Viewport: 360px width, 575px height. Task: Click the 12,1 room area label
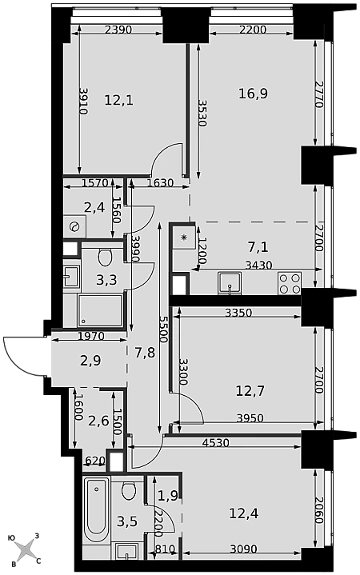tap(119, 100)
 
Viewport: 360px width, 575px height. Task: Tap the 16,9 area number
tap(254, 94)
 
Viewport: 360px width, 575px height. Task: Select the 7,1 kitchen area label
tap(258, 247)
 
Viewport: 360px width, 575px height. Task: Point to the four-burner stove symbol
tap(290, 283)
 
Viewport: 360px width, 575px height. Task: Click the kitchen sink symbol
tap(230, 283)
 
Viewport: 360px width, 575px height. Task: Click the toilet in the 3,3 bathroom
tap(106, 258)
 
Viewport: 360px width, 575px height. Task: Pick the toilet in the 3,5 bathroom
tap(129, 491)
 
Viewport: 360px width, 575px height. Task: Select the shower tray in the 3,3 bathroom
tap(100, 310)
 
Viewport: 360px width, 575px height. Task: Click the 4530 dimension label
tap(215, 443)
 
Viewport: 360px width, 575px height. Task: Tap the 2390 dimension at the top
tap(118, 30)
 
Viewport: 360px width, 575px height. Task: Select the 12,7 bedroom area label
tap(250, 391)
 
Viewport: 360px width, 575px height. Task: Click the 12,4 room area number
tap(244, 513)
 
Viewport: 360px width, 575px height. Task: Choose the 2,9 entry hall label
tap(90, 361)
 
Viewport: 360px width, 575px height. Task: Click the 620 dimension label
tap(95, 461)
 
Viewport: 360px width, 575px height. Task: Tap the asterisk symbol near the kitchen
tap(184, 238)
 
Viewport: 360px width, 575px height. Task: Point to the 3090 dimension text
tap(244, 549)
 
